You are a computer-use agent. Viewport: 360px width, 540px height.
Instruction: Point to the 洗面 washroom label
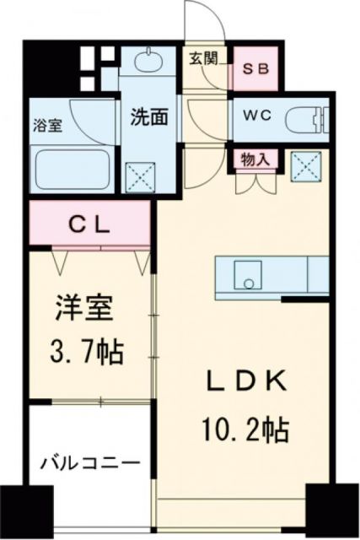148,116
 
